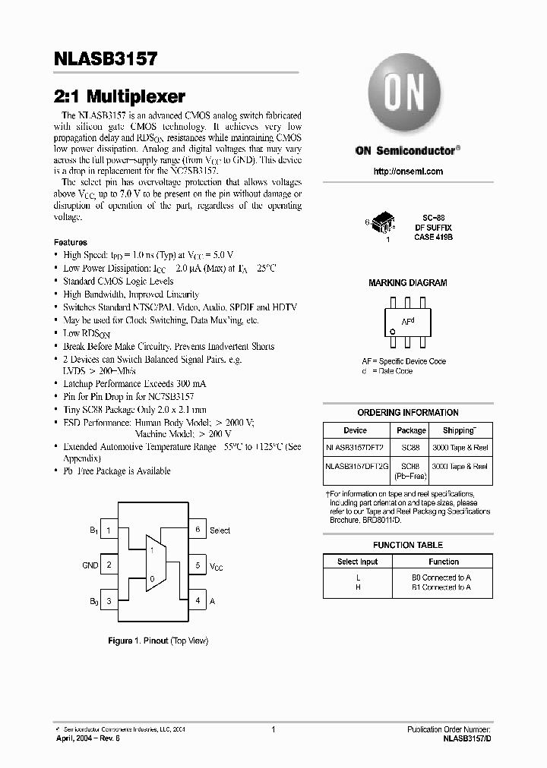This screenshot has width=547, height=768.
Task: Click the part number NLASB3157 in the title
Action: tap(106, 59)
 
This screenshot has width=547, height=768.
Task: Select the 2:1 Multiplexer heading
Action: tap(120, 96)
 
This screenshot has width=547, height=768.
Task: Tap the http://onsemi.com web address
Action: tap(408, 171)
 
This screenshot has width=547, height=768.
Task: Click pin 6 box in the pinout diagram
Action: tap(198, 530)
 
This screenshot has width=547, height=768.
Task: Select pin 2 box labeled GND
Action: tap(109, 565)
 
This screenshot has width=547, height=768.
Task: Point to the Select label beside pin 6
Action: tap(220, 530)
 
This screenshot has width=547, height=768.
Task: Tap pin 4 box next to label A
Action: tap(198, 600)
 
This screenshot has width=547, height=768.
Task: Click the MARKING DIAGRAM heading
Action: tap(407, 282)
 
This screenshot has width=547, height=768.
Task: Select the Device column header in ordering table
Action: tap(355, 430)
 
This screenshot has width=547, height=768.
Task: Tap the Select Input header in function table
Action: tap(357, 562)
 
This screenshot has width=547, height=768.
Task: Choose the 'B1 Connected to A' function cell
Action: tap(441, 587)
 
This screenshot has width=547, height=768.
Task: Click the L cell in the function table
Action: tap(357, 578)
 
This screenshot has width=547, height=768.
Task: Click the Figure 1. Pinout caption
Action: tap(158, 641)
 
